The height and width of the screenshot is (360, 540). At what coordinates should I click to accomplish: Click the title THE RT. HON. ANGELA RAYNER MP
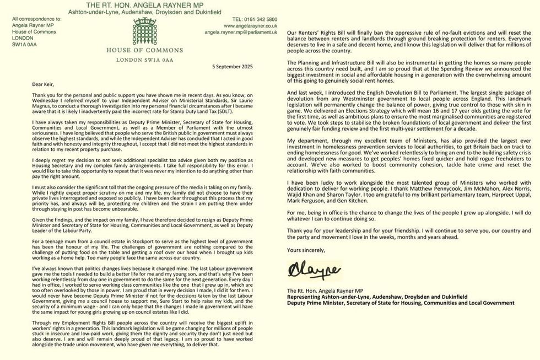pos(144,4)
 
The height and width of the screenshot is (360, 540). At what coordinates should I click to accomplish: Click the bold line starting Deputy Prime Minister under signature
pos(400,303)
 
